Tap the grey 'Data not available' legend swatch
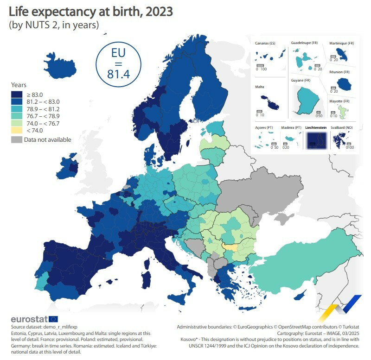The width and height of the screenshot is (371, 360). pos(16,139)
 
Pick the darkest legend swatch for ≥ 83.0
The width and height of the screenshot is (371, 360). pos(16,94)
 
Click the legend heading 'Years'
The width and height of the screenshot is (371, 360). pos(19,85)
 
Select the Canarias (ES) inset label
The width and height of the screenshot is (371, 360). pos(265,44)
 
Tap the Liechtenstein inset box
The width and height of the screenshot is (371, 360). pos(316,140)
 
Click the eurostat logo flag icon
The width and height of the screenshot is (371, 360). pos(53,319)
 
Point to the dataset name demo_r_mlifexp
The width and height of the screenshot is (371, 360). pos(62,327)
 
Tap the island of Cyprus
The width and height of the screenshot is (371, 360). pos(301,295)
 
